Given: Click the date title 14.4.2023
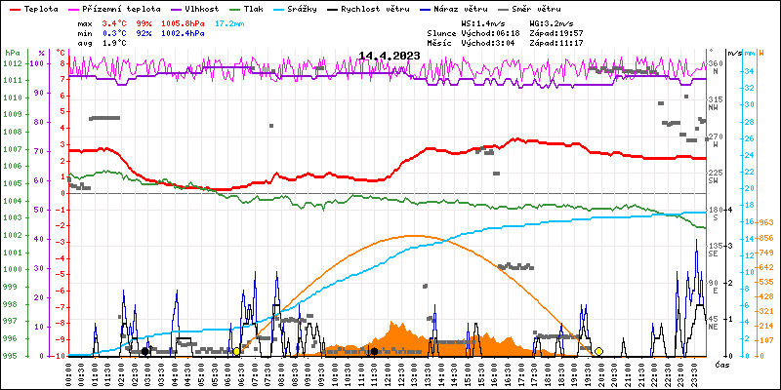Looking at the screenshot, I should pos(390,56).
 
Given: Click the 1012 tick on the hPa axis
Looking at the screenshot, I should pos(12,63).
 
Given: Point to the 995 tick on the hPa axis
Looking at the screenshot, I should pos(12,356).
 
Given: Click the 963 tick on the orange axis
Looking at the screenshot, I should pos(766,222).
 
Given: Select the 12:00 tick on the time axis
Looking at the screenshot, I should pos(388,371).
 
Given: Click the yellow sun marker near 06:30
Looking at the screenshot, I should pos(236,351).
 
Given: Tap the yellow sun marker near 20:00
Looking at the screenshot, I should pos(598,351).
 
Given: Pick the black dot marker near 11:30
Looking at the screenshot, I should pos(374,351).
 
